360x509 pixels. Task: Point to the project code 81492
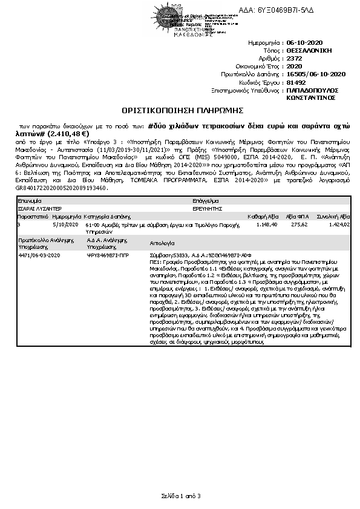click(296, 81)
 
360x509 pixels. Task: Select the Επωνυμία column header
click(30, 199)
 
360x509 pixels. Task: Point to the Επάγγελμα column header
click(205, 199)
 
